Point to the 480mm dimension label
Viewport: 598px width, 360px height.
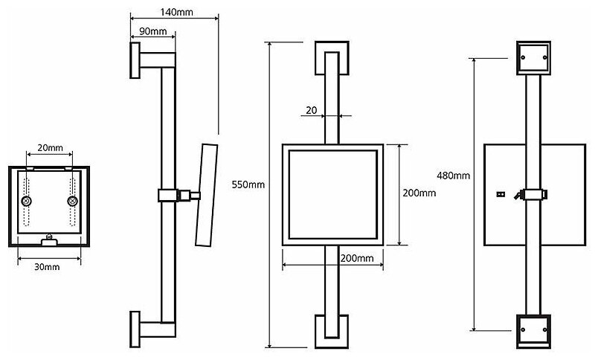[x=453, y=176]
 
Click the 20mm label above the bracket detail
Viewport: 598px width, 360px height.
[x=50, y=148]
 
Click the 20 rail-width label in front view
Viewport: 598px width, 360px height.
[x=311, y=110]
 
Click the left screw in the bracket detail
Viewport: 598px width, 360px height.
[x=28, y=202]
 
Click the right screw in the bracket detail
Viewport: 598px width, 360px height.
[x=72, y=202]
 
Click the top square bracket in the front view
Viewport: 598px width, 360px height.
[x=332, y=57]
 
